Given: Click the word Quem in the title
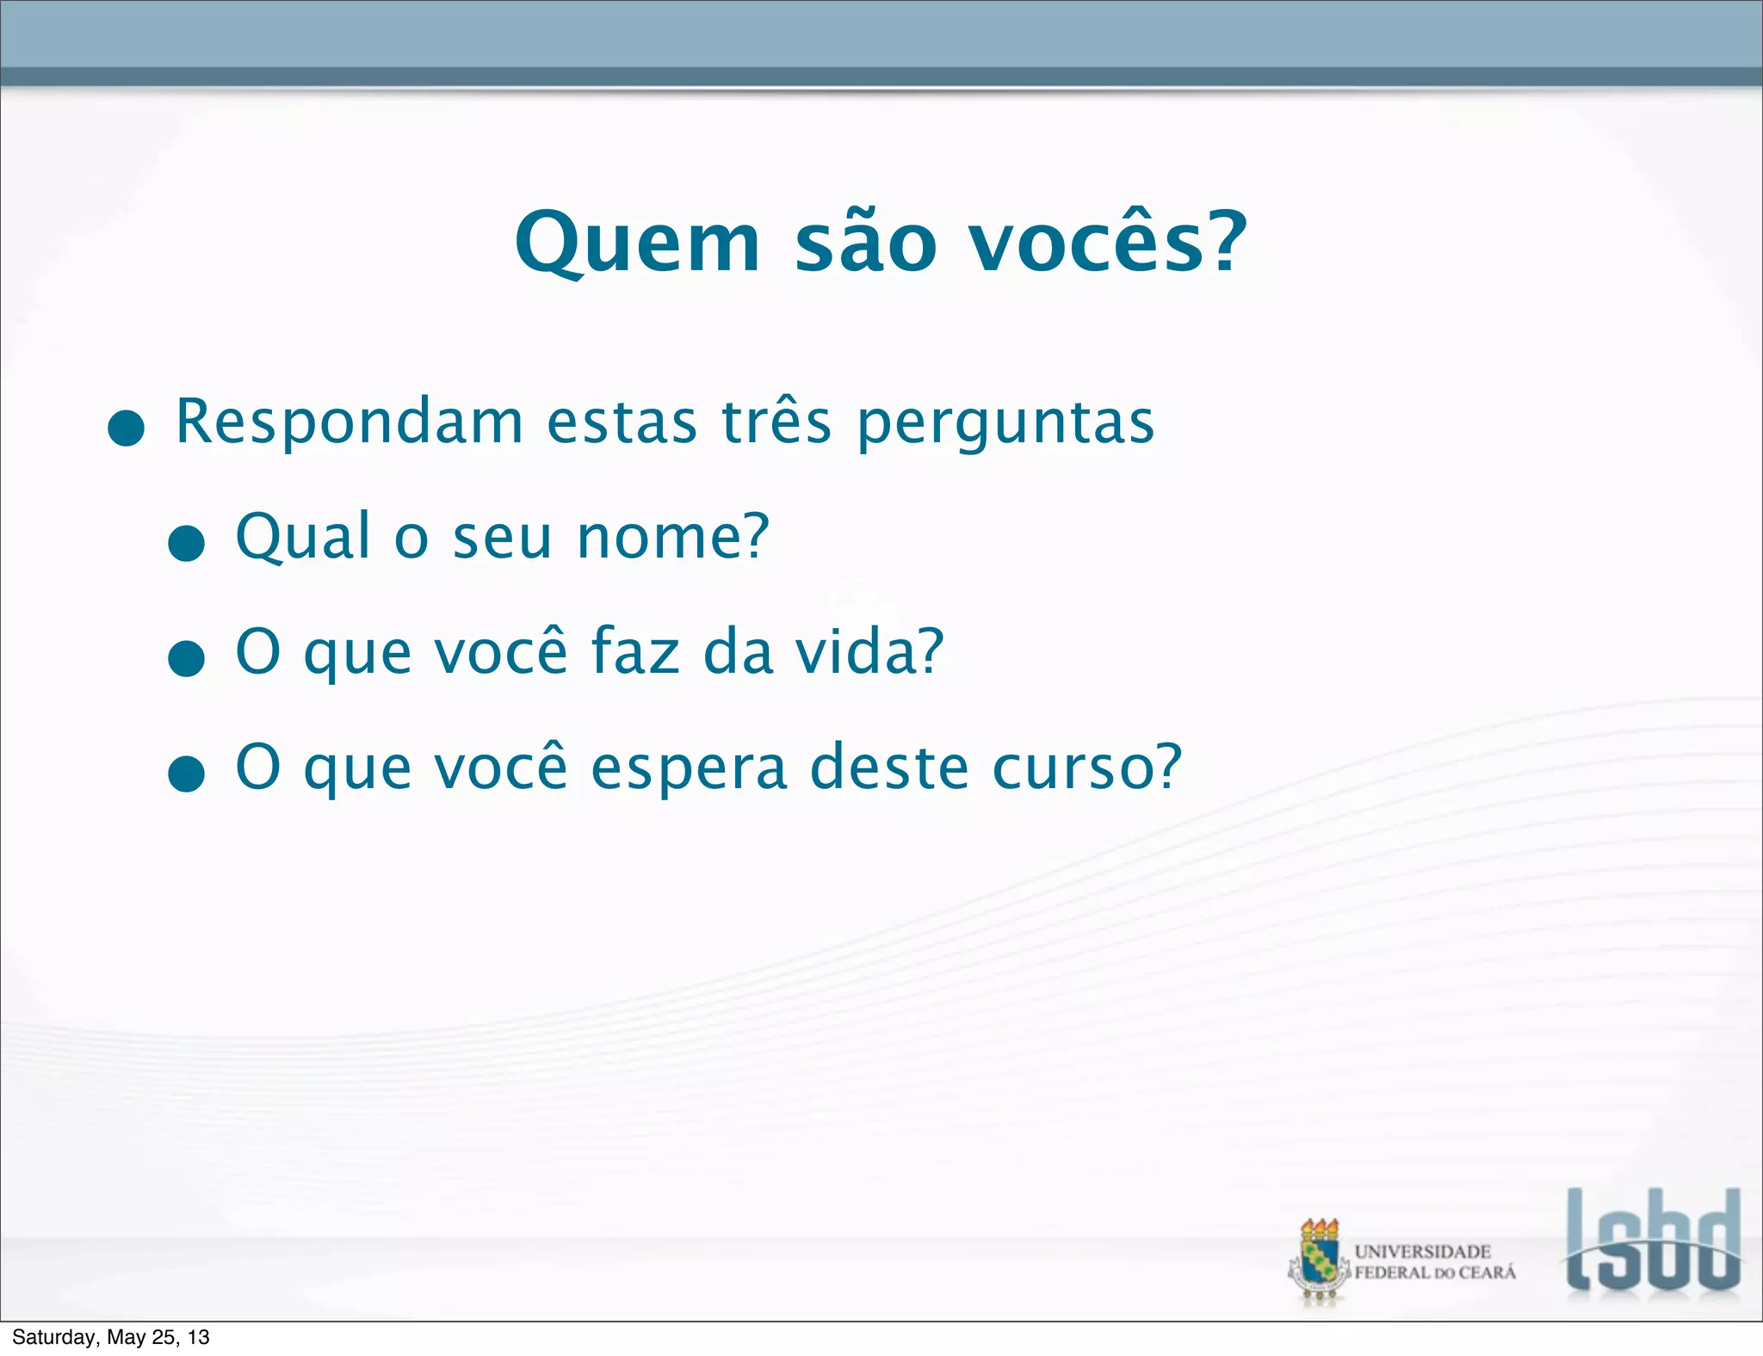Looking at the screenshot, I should point(638,243).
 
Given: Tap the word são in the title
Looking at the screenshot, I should point(865,243).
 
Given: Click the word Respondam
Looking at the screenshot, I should point(350,422).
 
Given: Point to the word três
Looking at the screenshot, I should point(776,422).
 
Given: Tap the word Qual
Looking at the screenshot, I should point(303,537).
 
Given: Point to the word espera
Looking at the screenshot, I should point(689,768).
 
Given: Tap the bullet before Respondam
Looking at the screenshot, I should point(127,428).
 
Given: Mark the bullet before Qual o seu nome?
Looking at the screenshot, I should point(186,543).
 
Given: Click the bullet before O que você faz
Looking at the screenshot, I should point(186,658).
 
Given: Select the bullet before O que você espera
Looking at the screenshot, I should point(186,773).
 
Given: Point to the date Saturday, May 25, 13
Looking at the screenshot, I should point(111,1337).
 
